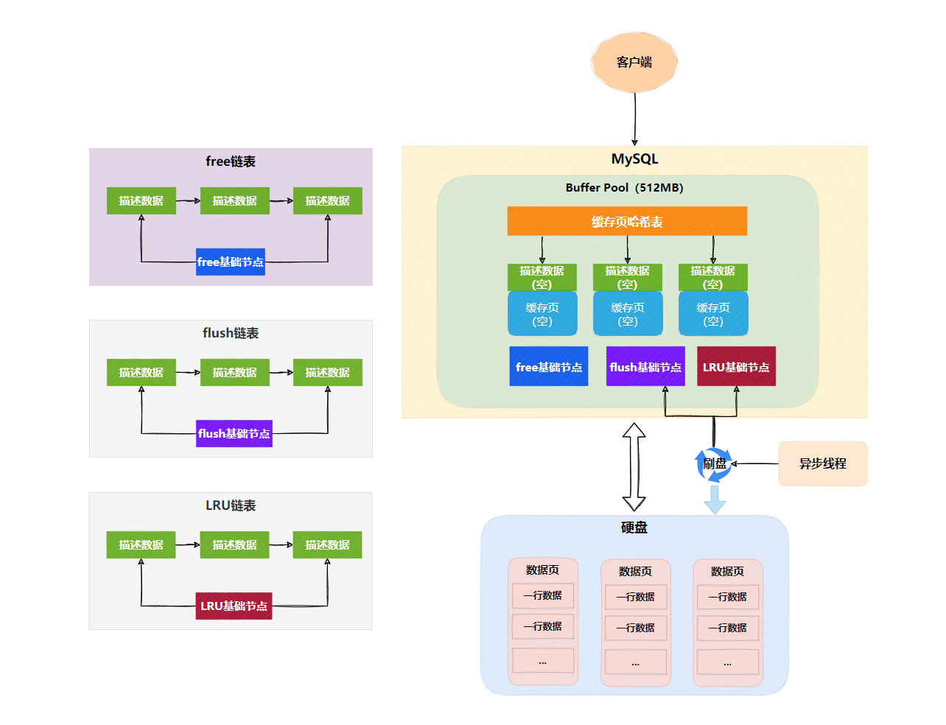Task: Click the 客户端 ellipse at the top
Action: [634, 63]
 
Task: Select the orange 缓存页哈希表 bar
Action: [627, 221]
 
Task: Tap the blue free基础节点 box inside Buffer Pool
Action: [549, 366]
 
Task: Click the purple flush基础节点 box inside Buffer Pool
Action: [645, 366]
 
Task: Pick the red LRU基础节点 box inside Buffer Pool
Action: [736, 366]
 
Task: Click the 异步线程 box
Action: [823, 463]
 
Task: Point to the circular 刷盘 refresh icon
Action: [714, 464]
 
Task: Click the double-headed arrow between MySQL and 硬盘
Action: [634, 466]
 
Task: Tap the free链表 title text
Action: [231, 161]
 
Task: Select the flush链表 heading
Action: [231, 333]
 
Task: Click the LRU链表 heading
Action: [231, 505]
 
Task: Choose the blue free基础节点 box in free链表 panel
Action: [231, 262]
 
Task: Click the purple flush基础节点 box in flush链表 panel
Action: [234, 433]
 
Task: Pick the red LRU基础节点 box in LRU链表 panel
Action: [234, 606]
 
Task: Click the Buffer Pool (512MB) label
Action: [624, 188]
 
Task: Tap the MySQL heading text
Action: [634, 159]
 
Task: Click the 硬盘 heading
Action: [634, 528]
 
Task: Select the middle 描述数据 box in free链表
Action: [234, 200]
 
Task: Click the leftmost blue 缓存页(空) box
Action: [542, 314]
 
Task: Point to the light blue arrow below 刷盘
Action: [715, 500]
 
